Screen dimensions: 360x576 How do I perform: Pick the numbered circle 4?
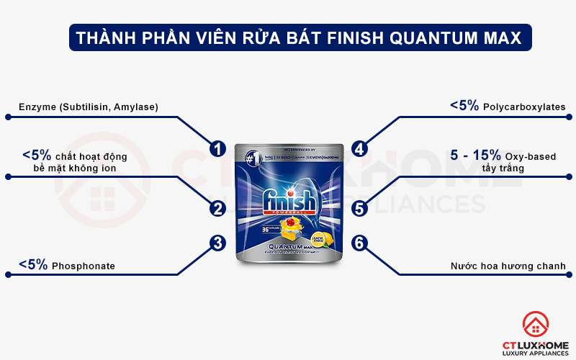pyautogui.click(x=360, y=148)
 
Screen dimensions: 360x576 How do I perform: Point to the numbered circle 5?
pyautogui.click(x=360, y=209)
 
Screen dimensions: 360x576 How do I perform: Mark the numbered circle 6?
pyautogui.click(x=360, y=243)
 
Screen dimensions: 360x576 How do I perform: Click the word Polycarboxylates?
pyautogui.click(x=524, y=107)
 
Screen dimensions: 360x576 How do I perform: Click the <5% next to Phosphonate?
pyautogui.click(x=33, y=265)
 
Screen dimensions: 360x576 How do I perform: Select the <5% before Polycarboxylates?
pyautogui.click(x=464, y=106)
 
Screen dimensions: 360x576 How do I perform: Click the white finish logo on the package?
pyautogui.click(x=288, y=201)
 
